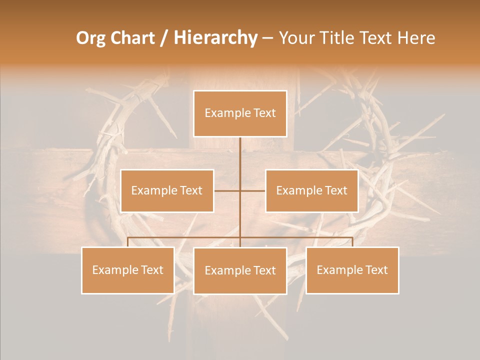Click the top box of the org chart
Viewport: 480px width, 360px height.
[240, 113]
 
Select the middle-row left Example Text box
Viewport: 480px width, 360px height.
[167, 190]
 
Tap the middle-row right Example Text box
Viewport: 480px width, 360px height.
[311, 190]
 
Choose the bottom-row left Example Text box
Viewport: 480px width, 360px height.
[127, 270]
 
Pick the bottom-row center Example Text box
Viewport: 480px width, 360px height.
[240, 270]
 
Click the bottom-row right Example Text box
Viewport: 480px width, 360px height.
[352, 270]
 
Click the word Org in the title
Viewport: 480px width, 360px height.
[90, 38]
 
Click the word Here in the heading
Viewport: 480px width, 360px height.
[416, 38]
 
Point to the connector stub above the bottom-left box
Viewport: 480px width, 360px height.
[127, 242]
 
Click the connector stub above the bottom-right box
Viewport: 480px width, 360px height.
[352, 242]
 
